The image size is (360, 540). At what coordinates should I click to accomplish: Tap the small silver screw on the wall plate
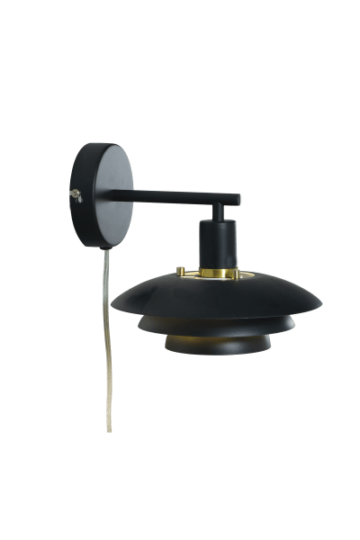(78, 194)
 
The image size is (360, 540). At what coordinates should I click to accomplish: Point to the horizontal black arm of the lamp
(180, 195)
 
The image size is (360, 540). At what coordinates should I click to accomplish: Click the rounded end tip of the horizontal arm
(239, 196)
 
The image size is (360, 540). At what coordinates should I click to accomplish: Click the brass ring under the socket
(220, 271)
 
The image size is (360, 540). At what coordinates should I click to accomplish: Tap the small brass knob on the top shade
(181, 270)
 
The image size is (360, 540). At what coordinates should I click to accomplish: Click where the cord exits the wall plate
(106, 248)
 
